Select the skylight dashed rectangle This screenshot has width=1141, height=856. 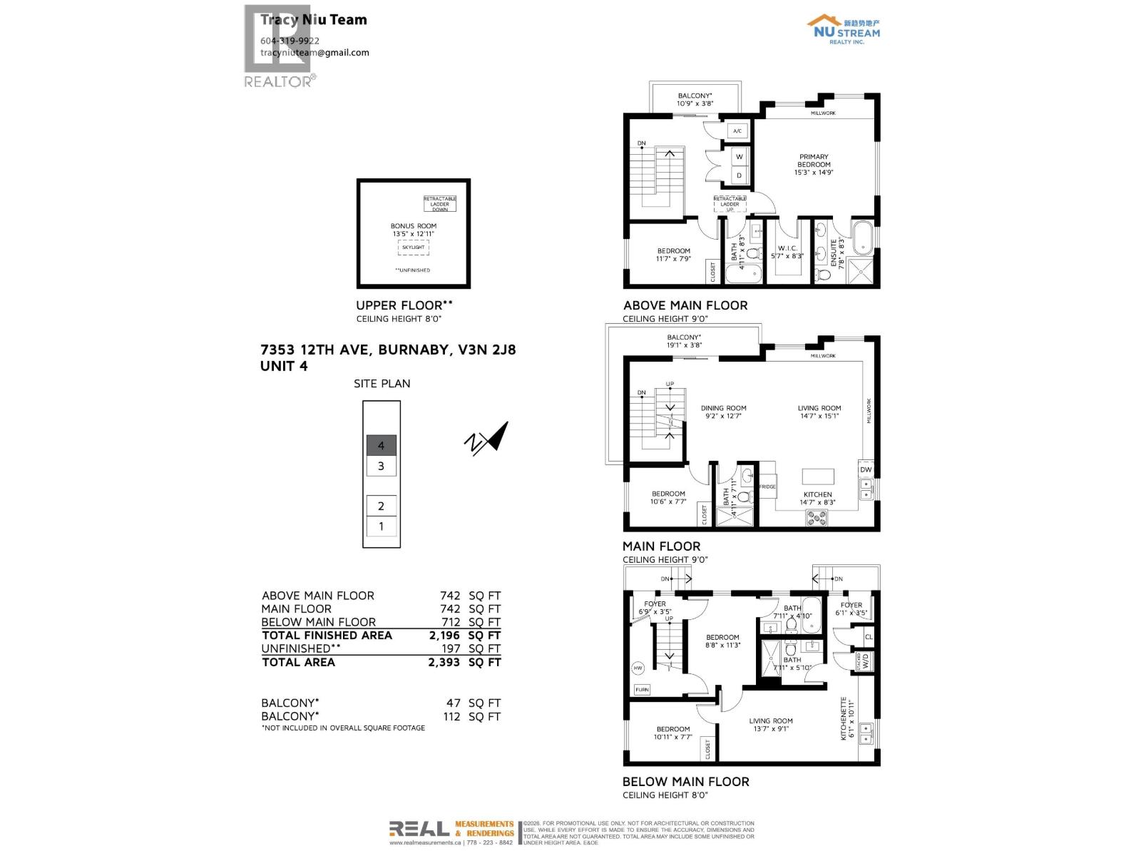[413, 248]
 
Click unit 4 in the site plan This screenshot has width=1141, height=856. [382, 446]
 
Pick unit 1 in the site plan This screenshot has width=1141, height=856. [382, 526]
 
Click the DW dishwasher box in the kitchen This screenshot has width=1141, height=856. [866, 469]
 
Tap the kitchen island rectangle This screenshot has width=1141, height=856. [818, 477]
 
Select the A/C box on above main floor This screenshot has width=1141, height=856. [737, 131]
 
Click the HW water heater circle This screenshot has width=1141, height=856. [638, 668]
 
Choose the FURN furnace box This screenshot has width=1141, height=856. [642, 690]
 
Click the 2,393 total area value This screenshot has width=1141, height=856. [444, 662]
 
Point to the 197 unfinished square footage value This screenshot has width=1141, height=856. [451, 648]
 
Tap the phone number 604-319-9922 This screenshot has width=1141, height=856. [290, 41]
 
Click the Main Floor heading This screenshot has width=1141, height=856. [661, 546]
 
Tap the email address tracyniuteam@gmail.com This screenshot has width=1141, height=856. [314, 52]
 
